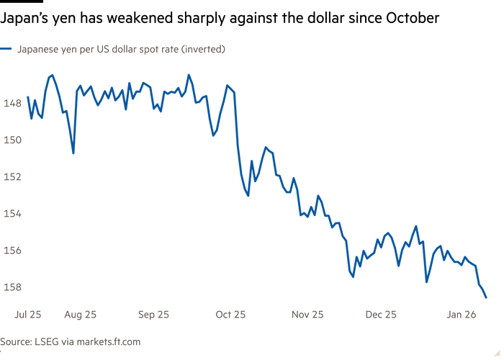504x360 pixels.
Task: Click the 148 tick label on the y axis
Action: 12,103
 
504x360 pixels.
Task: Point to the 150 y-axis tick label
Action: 12,140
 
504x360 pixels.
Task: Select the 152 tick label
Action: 12,176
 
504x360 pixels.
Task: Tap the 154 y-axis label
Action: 12,213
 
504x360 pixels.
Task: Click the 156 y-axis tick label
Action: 12,250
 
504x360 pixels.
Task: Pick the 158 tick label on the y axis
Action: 12,287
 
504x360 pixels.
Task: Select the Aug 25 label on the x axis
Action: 81,314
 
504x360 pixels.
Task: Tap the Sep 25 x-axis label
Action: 153,314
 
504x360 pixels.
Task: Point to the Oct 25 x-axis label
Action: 230,314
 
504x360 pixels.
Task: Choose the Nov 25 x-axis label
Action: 308,314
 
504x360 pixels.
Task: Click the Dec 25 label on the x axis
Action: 381,314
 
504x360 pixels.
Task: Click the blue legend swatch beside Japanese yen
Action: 6,49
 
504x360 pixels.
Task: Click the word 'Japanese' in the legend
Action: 35,49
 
